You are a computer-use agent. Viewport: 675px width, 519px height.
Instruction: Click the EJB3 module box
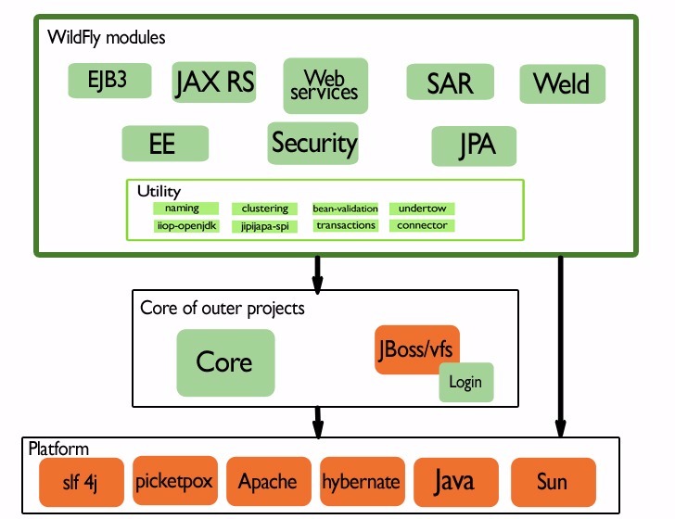tap(109, 81)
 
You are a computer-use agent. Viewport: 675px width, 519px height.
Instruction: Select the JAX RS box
tap(213, 82)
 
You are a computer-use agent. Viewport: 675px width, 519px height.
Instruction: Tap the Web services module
tap(325, 85)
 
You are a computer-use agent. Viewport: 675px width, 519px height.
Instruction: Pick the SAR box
tap(449, 82)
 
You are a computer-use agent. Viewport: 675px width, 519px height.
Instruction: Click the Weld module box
tap(562, 83)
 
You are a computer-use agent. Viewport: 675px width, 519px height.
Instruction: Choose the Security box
tap(313, 143)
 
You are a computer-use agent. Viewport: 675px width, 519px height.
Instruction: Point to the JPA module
tap(474, 146)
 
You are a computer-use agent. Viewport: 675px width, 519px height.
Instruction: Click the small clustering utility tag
tap(264, 209)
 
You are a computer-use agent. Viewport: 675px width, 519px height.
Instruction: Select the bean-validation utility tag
tap(344, 209)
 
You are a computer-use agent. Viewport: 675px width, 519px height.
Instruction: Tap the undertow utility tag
tap(422, 209)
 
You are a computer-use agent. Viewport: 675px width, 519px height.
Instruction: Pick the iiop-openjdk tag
tap(185, 225)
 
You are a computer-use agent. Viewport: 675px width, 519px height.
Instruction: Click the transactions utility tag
tap(345, 225)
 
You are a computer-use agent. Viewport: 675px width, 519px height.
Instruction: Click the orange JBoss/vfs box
tap(417, 349)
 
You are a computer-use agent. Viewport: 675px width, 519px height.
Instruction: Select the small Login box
tap(465, 382)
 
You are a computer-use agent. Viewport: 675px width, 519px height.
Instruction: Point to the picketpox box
tap(175, 481)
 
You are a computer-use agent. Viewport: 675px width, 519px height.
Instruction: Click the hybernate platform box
tap(361, 481)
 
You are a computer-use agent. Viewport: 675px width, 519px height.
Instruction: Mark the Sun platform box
tap(552, 481)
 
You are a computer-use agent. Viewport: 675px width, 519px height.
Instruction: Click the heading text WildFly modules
tap(106, 38)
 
